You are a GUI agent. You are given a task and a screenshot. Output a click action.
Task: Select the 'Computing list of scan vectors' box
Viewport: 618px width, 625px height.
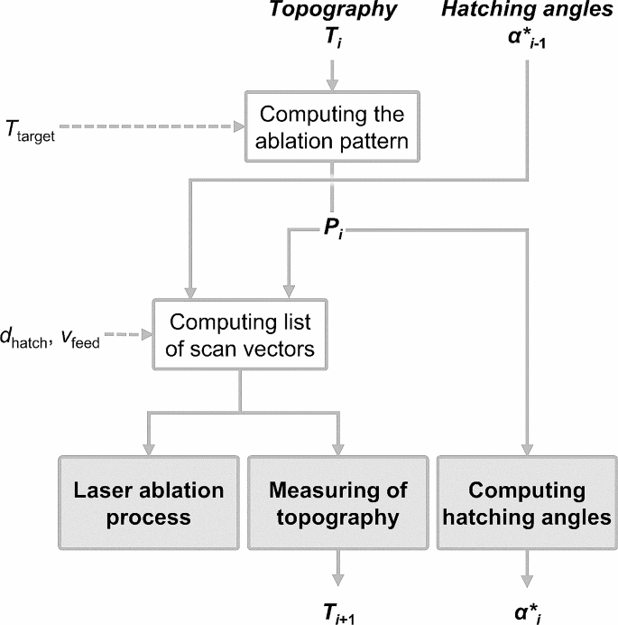241,335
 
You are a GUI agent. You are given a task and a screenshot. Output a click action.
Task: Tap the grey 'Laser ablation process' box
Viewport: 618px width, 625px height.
148,503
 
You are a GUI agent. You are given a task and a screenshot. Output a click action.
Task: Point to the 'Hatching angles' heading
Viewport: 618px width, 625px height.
526,12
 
